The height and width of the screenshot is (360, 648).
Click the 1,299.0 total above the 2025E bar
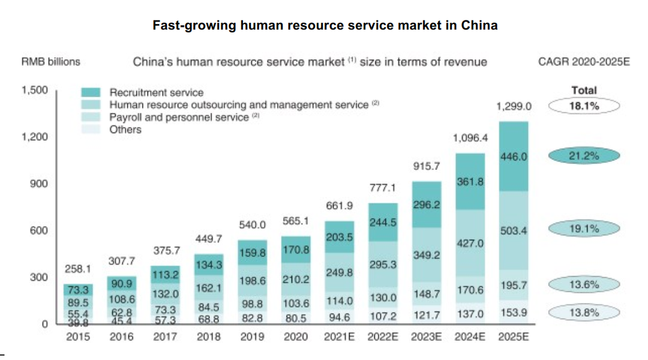coord(514,106)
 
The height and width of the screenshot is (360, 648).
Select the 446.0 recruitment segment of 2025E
coord(514,156)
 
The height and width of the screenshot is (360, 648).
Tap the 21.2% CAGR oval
coord(584,156)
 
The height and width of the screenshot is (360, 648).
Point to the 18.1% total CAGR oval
coord(584,107)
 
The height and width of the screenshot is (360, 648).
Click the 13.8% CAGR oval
coord(584,312)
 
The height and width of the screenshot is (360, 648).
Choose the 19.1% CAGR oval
coord(584,229)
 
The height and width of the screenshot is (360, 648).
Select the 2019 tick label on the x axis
coord(253,337)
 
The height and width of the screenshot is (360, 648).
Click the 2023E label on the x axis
coord(426,337)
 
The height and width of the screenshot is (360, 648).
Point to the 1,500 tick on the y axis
coord(34,91)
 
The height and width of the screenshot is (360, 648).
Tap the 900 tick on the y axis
coord(39,184)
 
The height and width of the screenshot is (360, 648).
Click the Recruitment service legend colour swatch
coord(91,92)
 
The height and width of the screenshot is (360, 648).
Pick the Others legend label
coord(125,129)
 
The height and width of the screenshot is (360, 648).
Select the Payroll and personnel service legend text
coord(179,117)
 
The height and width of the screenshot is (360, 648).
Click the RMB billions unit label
coord(51,61)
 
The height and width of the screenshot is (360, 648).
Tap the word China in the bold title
coord(479,25)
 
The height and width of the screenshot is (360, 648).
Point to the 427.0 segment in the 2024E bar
coord(470,244)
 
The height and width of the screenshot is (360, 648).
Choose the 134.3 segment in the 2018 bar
coord(209,265)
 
